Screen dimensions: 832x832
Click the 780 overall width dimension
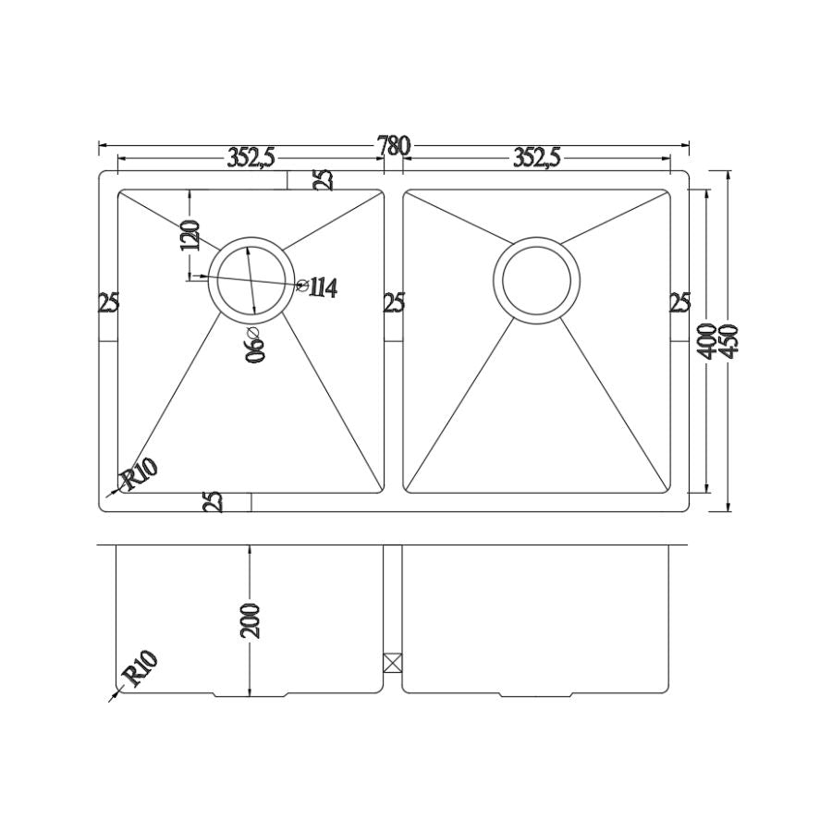[x=393, y=146]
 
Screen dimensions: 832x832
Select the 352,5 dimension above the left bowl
[x=251, y=159]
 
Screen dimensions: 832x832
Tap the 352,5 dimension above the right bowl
[x=537, y=159]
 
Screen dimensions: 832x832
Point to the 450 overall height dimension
[x=737, y=341]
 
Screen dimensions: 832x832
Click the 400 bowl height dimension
[x=708, y=341]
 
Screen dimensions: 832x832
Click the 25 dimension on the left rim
[x=109, y=303]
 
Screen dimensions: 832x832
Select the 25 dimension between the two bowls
[x=393, y=303]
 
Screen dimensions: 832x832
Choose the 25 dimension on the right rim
[x=679, y=303]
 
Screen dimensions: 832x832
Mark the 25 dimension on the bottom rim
[x=213, y=502]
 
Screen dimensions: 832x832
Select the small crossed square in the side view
[x=393, y=662]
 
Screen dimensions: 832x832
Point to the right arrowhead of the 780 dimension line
[x=686, y=145]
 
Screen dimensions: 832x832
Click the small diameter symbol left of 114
[x=302, y=286]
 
